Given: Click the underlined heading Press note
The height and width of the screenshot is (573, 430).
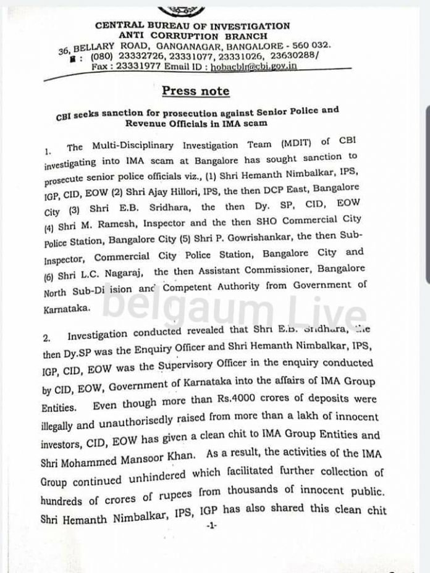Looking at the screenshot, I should click(x=195, y=91).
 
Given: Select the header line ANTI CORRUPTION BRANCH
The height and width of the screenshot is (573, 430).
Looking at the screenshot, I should click(x=192, y=35).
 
